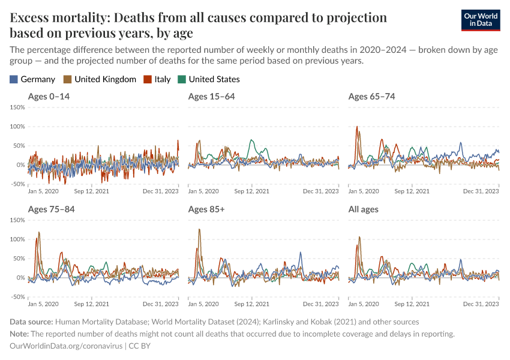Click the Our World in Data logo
(x=480, y=20)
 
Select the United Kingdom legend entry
(x=100, y=79)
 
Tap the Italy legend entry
(x=157, y=79)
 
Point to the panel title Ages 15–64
(x=211, y=97)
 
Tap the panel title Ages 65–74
(x=371, y=97)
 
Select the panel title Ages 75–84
(x=52, y=209)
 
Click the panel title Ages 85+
(x=206, y=209)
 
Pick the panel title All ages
(x=364, y=209)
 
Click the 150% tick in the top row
(x=17, y=107)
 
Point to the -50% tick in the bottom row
(x=17, y=297)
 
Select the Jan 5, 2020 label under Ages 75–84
(x=43, y=304)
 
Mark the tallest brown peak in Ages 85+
(x=199, y=229)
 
